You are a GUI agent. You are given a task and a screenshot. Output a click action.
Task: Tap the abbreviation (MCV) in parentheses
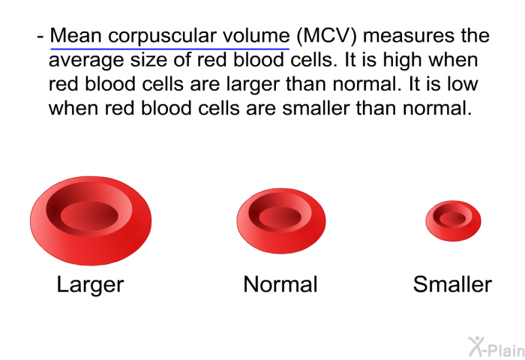(x=327, y=36)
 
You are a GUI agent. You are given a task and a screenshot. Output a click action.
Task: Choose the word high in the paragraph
(x=402, y=59)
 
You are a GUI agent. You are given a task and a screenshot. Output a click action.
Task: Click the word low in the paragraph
(x=463, y=84)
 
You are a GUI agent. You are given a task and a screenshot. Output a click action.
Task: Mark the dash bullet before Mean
(x=40, y=37)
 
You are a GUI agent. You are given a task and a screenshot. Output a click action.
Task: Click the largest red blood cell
(x=91, y=221)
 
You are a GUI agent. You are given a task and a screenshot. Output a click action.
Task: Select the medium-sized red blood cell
(x=281, y=221)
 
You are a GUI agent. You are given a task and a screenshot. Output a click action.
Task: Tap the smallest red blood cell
(x=453, y=221)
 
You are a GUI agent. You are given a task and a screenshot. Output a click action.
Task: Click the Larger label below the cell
(x=91, y=285)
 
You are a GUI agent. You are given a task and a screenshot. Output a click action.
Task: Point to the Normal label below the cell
(x=280, y=285)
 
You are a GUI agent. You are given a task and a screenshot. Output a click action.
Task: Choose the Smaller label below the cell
(x=452, y=285)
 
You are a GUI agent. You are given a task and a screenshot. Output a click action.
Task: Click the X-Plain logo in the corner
(x=496, y=347)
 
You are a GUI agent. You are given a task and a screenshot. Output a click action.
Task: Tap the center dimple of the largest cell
(x=89, y=215)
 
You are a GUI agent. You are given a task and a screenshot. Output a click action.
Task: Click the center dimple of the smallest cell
(x=453, y=219)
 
